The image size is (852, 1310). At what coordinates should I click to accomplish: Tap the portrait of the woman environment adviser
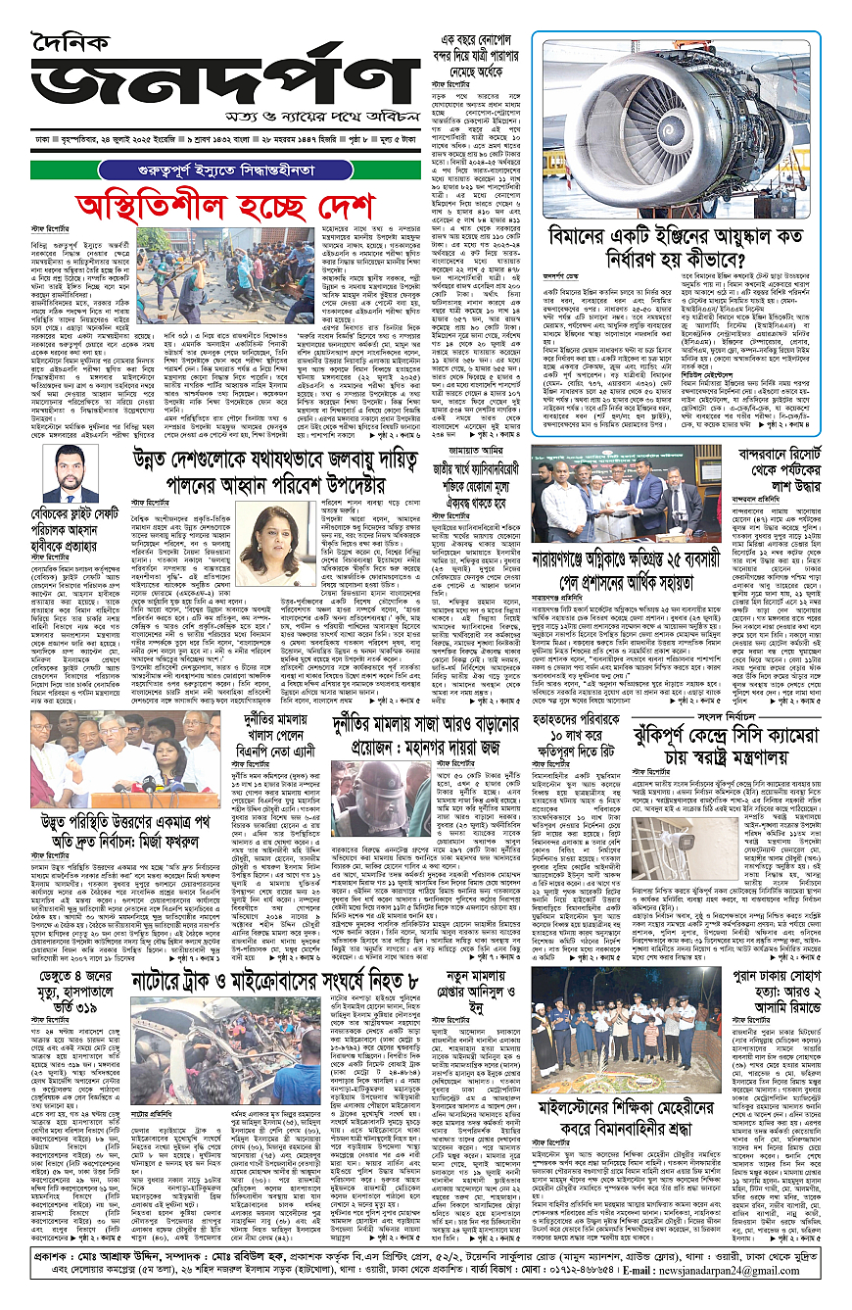[251, 539]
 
